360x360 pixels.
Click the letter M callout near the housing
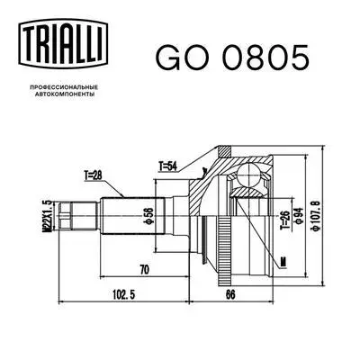(283, 262)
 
